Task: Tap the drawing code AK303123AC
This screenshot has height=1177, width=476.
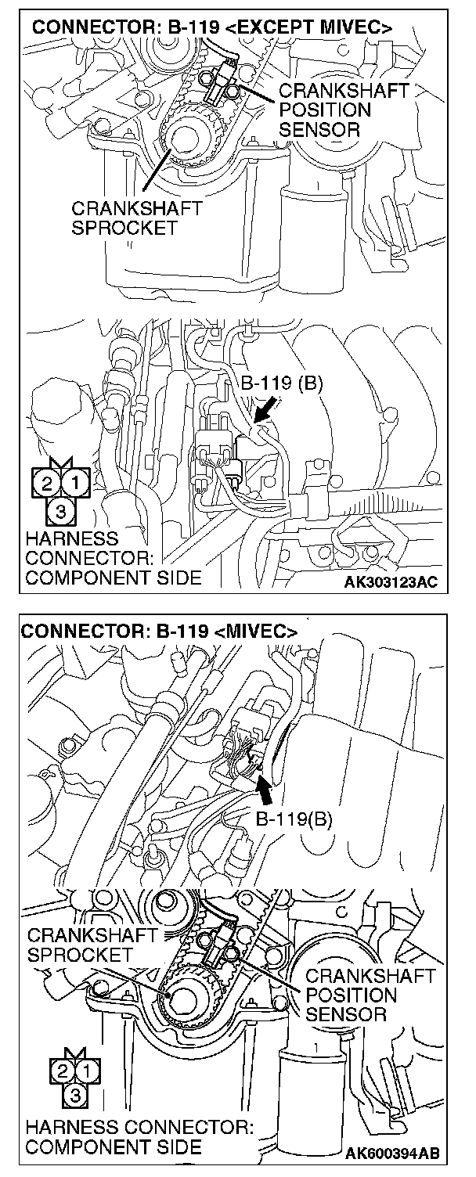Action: (391, 582)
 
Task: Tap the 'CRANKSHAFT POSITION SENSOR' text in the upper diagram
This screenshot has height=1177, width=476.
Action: (343, 110)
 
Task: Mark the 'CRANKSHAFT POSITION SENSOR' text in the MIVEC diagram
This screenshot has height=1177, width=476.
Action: (370, 995)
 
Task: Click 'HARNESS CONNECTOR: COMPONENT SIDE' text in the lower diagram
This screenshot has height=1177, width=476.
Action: (139, 1138)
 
